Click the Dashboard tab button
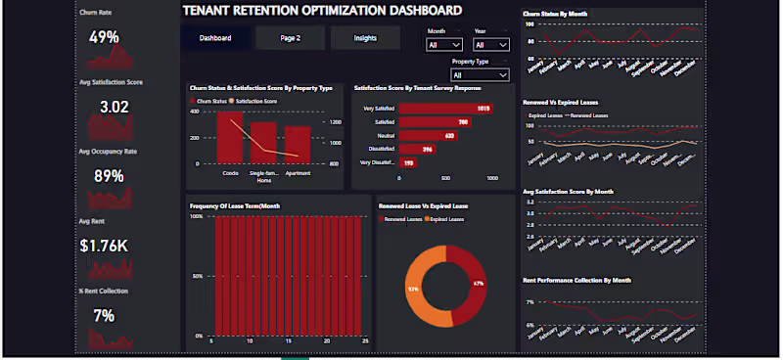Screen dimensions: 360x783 [x=214, y=38]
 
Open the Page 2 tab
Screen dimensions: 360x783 [x=289, y=38]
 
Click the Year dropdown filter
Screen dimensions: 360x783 [x=490, y=45]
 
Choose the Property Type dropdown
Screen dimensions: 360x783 [x=479, y=75]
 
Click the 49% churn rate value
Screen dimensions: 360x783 [x=104, y=37]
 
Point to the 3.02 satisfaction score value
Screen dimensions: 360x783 [x=114, y=107]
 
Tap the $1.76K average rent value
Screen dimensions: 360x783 [x=104, y=246]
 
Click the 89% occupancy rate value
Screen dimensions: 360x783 [x=108, y=176]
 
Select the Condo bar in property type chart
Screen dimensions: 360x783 [x=230, y=138]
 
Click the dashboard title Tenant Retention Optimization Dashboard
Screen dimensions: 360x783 [x=322, y=11]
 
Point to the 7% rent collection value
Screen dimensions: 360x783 [x=104, y=315]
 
